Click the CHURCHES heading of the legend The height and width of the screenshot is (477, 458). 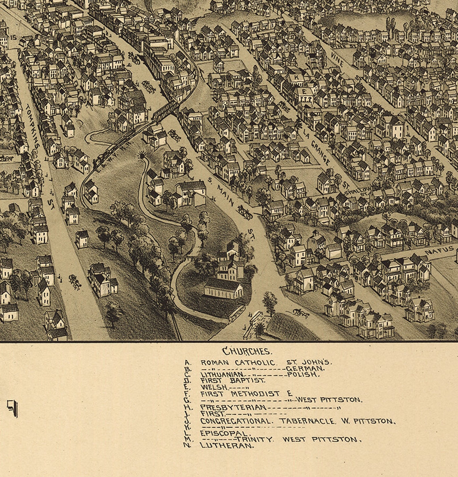point(247,351)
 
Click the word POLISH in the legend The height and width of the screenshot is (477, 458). point(303,374)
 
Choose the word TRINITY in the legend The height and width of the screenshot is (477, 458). point(254,439)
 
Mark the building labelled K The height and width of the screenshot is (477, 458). point(296,77)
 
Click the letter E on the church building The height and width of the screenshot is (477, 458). point(304,91)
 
